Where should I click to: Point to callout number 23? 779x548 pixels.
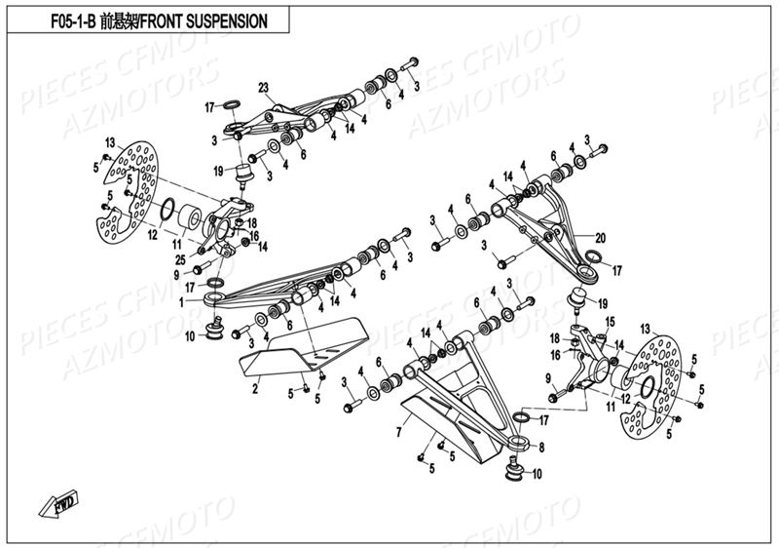[263, 88]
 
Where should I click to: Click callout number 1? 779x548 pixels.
[180, 302]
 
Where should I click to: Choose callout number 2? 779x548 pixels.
[255, 389]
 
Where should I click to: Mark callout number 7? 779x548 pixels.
[399, 430]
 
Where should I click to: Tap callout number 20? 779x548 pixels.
[600, 236]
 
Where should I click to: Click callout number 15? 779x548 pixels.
[611, 321]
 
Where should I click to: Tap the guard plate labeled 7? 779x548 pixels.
[458, 419]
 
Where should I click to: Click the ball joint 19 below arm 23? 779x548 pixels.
[244, 175]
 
